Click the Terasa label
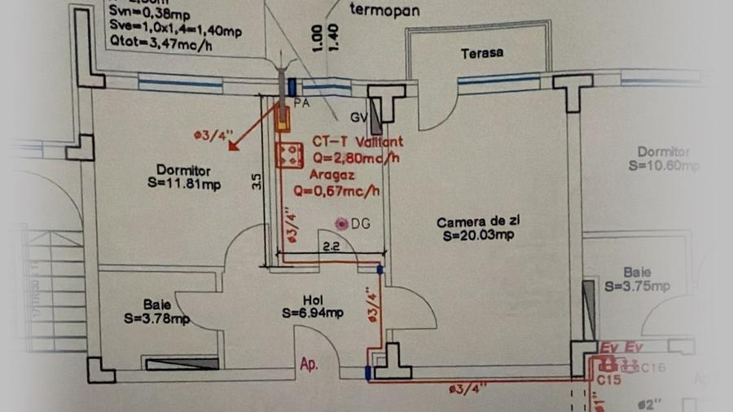tap(481, 53)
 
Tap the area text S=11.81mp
tap(185, 185)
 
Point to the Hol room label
tap(313, 300)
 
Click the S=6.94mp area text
tap(313, 313)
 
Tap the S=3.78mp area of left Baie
tap(157, 318)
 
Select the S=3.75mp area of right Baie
tap(637, 286)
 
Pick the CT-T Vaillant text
tap(357, 142)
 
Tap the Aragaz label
tap(331, 174)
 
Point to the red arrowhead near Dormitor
tap(233, 147)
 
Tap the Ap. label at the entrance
tap(308, 365)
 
